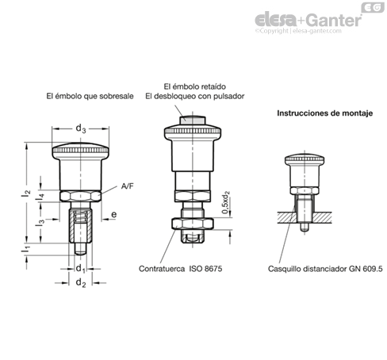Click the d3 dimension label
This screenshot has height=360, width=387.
coord(81,128)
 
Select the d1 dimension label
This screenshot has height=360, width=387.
coord(80,269)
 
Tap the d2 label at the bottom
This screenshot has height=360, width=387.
coord(81,283)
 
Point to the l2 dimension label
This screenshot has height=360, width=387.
coord(26,193)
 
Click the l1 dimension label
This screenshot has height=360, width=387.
coord(26,249)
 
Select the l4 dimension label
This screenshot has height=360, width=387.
coord(40,197)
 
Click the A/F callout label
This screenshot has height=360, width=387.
coord(127,186)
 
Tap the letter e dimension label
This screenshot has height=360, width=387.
coord(114,214)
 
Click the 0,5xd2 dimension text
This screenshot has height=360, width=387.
coord(226,202)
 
